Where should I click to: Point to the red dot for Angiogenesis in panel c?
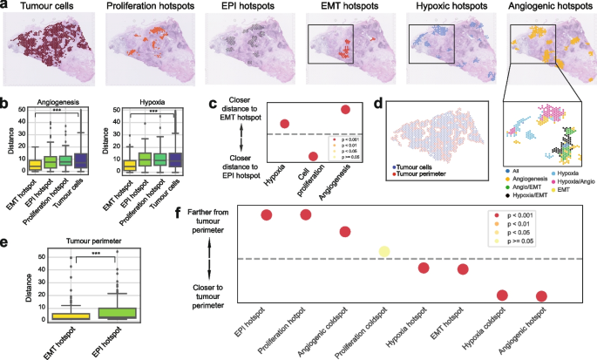[345, 109]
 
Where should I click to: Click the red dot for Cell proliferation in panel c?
[313, 156]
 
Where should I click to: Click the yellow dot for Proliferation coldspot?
[383, 253]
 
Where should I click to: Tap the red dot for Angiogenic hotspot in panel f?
[541, 296]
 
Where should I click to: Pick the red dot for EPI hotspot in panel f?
[266, 215]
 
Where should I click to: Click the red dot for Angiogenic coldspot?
[344, 231]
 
